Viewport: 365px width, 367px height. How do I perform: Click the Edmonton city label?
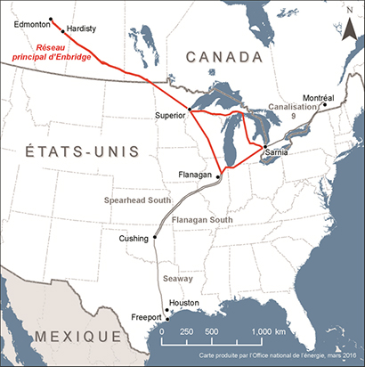click(30, 26)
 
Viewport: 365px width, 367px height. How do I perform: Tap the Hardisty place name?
click(81, 29)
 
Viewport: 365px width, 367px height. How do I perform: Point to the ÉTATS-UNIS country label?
click(68, 152)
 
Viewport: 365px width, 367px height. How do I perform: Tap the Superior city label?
click(170, 116)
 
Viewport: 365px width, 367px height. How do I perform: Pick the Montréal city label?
click(320, 96)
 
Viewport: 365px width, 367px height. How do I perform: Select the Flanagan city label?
click(195, 175)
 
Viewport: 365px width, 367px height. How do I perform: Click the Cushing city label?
click(134, 239)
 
